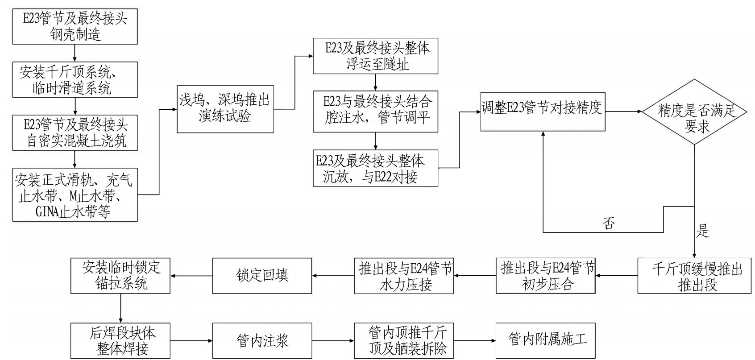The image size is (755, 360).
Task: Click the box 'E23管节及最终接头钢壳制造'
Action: tap(75, 26)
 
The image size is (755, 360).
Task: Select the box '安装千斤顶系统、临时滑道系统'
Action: tap(75, 79)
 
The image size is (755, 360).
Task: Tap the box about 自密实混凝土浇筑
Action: tap(75, 132)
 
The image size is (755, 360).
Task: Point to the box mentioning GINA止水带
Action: tap(75, 194)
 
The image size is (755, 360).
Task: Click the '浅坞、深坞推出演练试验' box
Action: tap(225, 108)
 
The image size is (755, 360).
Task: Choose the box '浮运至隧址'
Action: tap(375, 56)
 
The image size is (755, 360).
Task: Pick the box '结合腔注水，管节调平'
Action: tap(375, 111)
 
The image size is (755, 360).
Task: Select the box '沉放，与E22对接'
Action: tap(375, 168)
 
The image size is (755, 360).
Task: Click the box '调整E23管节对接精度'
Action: tap(543, 112)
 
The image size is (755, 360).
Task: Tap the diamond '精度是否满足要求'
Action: tap(695, 112)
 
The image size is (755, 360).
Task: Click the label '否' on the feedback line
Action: tap(609, 223)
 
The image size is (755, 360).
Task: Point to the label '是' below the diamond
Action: tap(703, 231)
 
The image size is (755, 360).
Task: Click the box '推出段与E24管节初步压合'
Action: tap(546, 276)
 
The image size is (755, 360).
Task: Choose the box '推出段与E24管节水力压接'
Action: tap(404, 276)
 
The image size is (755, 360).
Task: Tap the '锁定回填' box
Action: tap(262, 276)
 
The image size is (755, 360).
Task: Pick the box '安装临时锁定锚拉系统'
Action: tap(120, 276)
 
